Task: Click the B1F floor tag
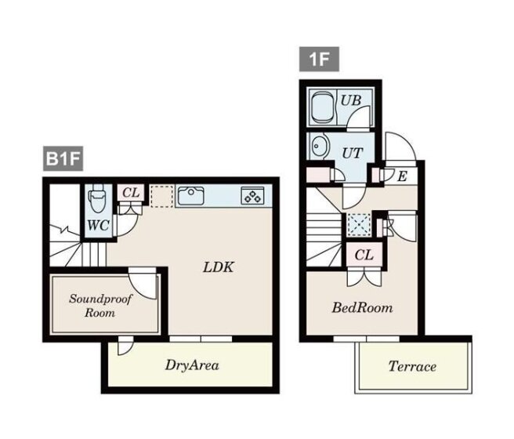(63, 159)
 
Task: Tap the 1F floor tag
(319, 60)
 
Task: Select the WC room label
(99, 225)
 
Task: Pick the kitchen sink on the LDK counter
(190, 196)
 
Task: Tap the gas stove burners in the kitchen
(253, 196)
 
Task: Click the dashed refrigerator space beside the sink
(161, 196)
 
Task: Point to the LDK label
(219, 267)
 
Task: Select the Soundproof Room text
(100, 306)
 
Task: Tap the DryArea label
(192, 365)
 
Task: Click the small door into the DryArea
(125, 346)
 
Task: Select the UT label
(353, 153)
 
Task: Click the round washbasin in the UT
(319, 146)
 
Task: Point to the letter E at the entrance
(402, 176)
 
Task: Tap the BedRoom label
(362, 308)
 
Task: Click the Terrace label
(412, 367)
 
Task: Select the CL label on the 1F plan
(364, 255)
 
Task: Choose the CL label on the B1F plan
(131, 193)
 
